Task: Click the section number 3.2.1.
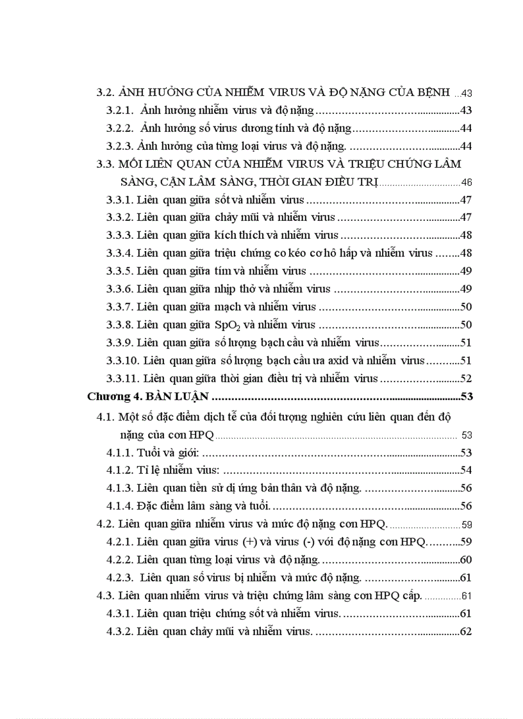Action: [x=120, y=110]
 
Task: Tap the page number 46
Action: [x=467, y=182]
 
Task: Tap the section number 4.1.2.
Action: [x=119, y=471]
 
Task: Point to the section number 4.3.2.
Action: [x=119, y=631]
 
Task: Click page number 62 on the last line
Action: [x=466, y=631]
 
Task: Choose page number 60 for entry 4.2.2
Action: [x=466, y=560]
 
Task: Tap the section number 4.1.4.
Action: [x=119, y=506]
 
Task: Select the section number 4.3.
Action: [x=104, y=595]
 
